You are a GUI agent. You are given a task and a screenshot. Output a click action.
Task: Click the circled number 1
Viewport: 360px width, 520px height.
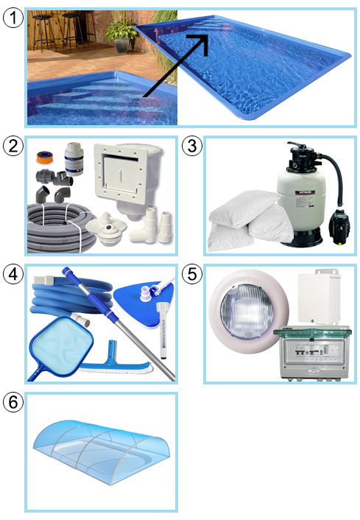(x=13, y=18)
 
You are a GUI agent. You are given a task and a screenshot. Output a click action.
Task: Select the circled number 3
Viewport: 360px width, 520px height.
(x=192, y=146)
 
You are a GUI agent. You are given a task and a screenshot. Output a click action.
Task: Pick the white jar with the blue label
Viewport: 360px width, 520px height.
(x=74, y=158)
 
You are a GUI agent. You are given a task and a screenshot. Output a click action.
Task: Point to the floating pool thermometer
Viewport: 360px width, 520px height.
(x=163, y=330)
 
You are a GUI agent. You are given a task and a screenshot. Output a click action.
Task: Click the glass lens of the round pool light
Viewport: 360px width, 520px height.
(x=247, y=312)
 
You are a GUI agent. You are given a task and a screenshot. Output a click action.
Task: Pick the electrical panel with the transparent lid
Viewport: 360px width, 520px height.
(x=311, y=353)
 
